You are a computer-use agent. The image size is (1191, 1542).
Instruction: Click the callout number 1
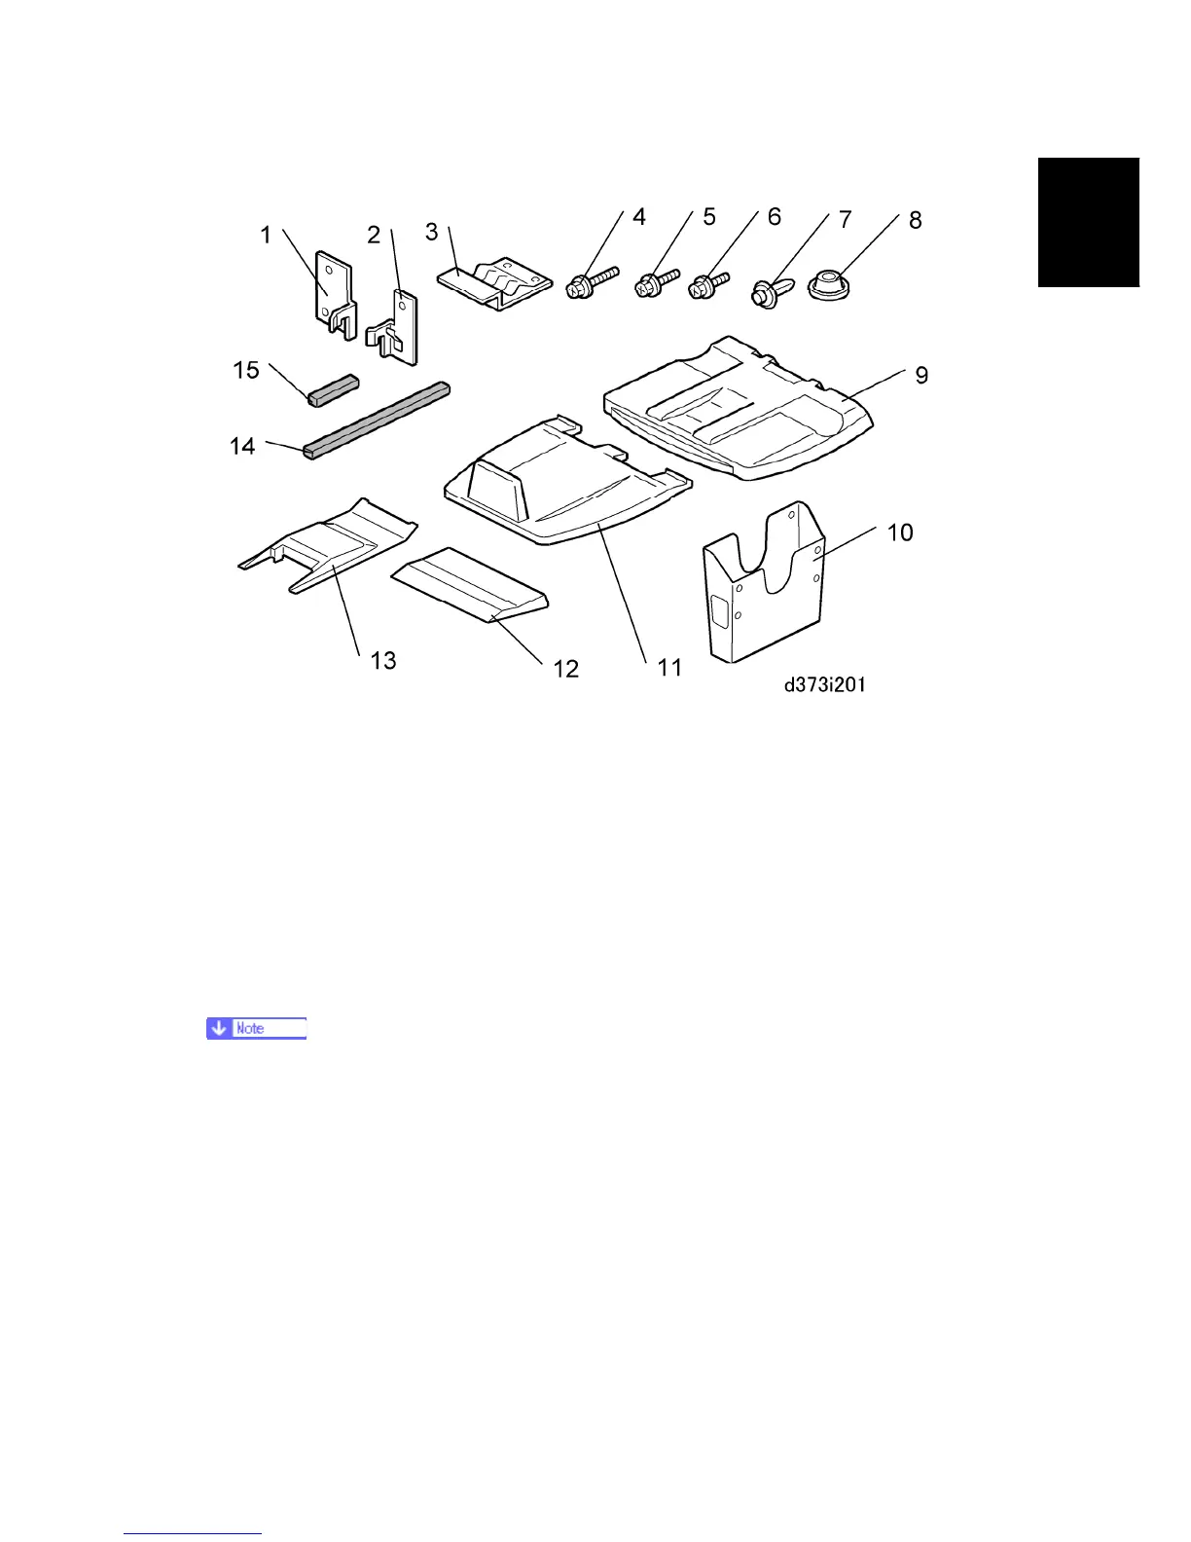coord(266,235)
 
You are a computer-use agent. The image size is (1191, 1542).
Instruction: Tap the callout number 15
coord(246,370)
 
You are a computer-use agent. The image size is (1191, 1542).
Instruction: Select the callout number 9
coord(921,375)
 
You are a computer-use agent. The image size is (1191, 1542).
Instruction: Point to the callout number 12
coord(565,669)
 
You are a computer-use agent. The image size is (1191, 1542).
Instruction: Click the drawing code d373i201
coord(825,685)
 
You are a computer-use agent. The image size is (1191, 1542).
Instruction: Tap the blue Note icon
coord(256,1028)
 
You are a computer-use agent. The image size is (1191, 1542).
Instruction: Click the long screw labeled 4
coord(591,281)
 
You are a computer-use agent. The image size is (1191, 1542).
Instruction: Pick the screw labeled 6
coord(708,285)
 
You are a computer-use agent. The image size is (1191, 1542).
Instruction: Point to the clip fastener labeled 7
coord(766,291)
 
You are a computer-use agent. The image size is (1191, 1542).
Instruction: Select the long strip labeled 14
coord(377,420)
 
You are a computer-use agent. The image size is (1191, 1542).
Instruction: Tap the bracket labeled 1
coord(332,289)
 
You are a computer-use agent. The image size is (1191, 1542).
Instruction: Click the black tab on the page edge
coord(1088,222)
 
